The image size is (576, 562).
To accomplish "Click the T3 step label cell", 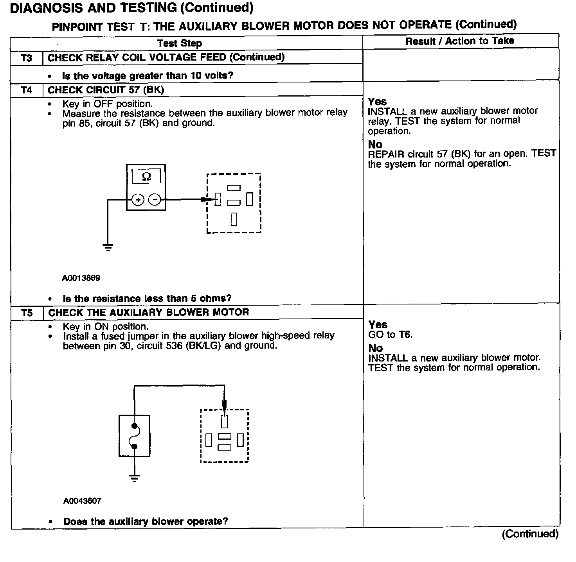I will click(x=26, y=58).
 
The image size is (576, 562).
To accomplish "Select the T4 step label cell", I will click(x=26, y=90).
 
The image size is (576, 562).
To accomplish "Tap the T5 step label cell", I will click(x=27, y=313).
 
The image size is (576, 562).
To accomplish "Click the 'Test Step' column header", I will click(x=180, y=43).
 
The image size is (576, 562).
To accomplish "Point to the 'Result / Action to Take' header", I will click(x=460, y=41).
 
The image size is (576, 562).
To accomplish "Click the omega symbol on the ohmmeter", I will click(x=146, y=177).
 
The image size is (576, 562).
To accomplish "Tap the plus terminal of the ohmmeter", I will click(x=138, y=200).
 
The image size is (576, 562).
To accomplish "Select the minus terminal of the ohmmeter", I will click(x=155, y=200).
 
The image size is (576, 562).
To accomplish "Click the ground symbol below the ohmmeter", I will click(x=108, y=247).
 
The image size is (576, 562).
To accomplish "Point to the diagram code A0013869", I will click(x=81, y=278).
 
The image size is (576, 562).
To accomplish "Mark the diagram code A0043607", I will click(x=82, y=501).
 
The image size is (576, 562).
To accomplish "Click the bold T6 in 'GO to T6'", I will click(x=405, y=335).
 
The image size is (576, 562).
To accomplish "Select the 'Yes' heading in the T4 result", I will click(x=377, y=102).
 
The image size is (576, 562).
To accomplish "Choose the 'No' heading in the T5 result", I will click(x=375, y=348).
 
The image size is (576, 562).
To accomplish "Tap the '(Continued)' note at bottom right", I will click(x=530, y=534).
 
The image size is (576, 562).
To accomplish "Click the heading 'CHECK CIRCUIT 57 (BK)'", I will click(x=106, y=90).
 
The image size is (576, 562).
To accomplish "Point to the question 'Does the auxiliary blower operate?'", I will click(x=146, y=521).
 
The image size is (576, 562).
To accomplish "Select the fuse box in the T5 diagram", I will click(x=134, y=436).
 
